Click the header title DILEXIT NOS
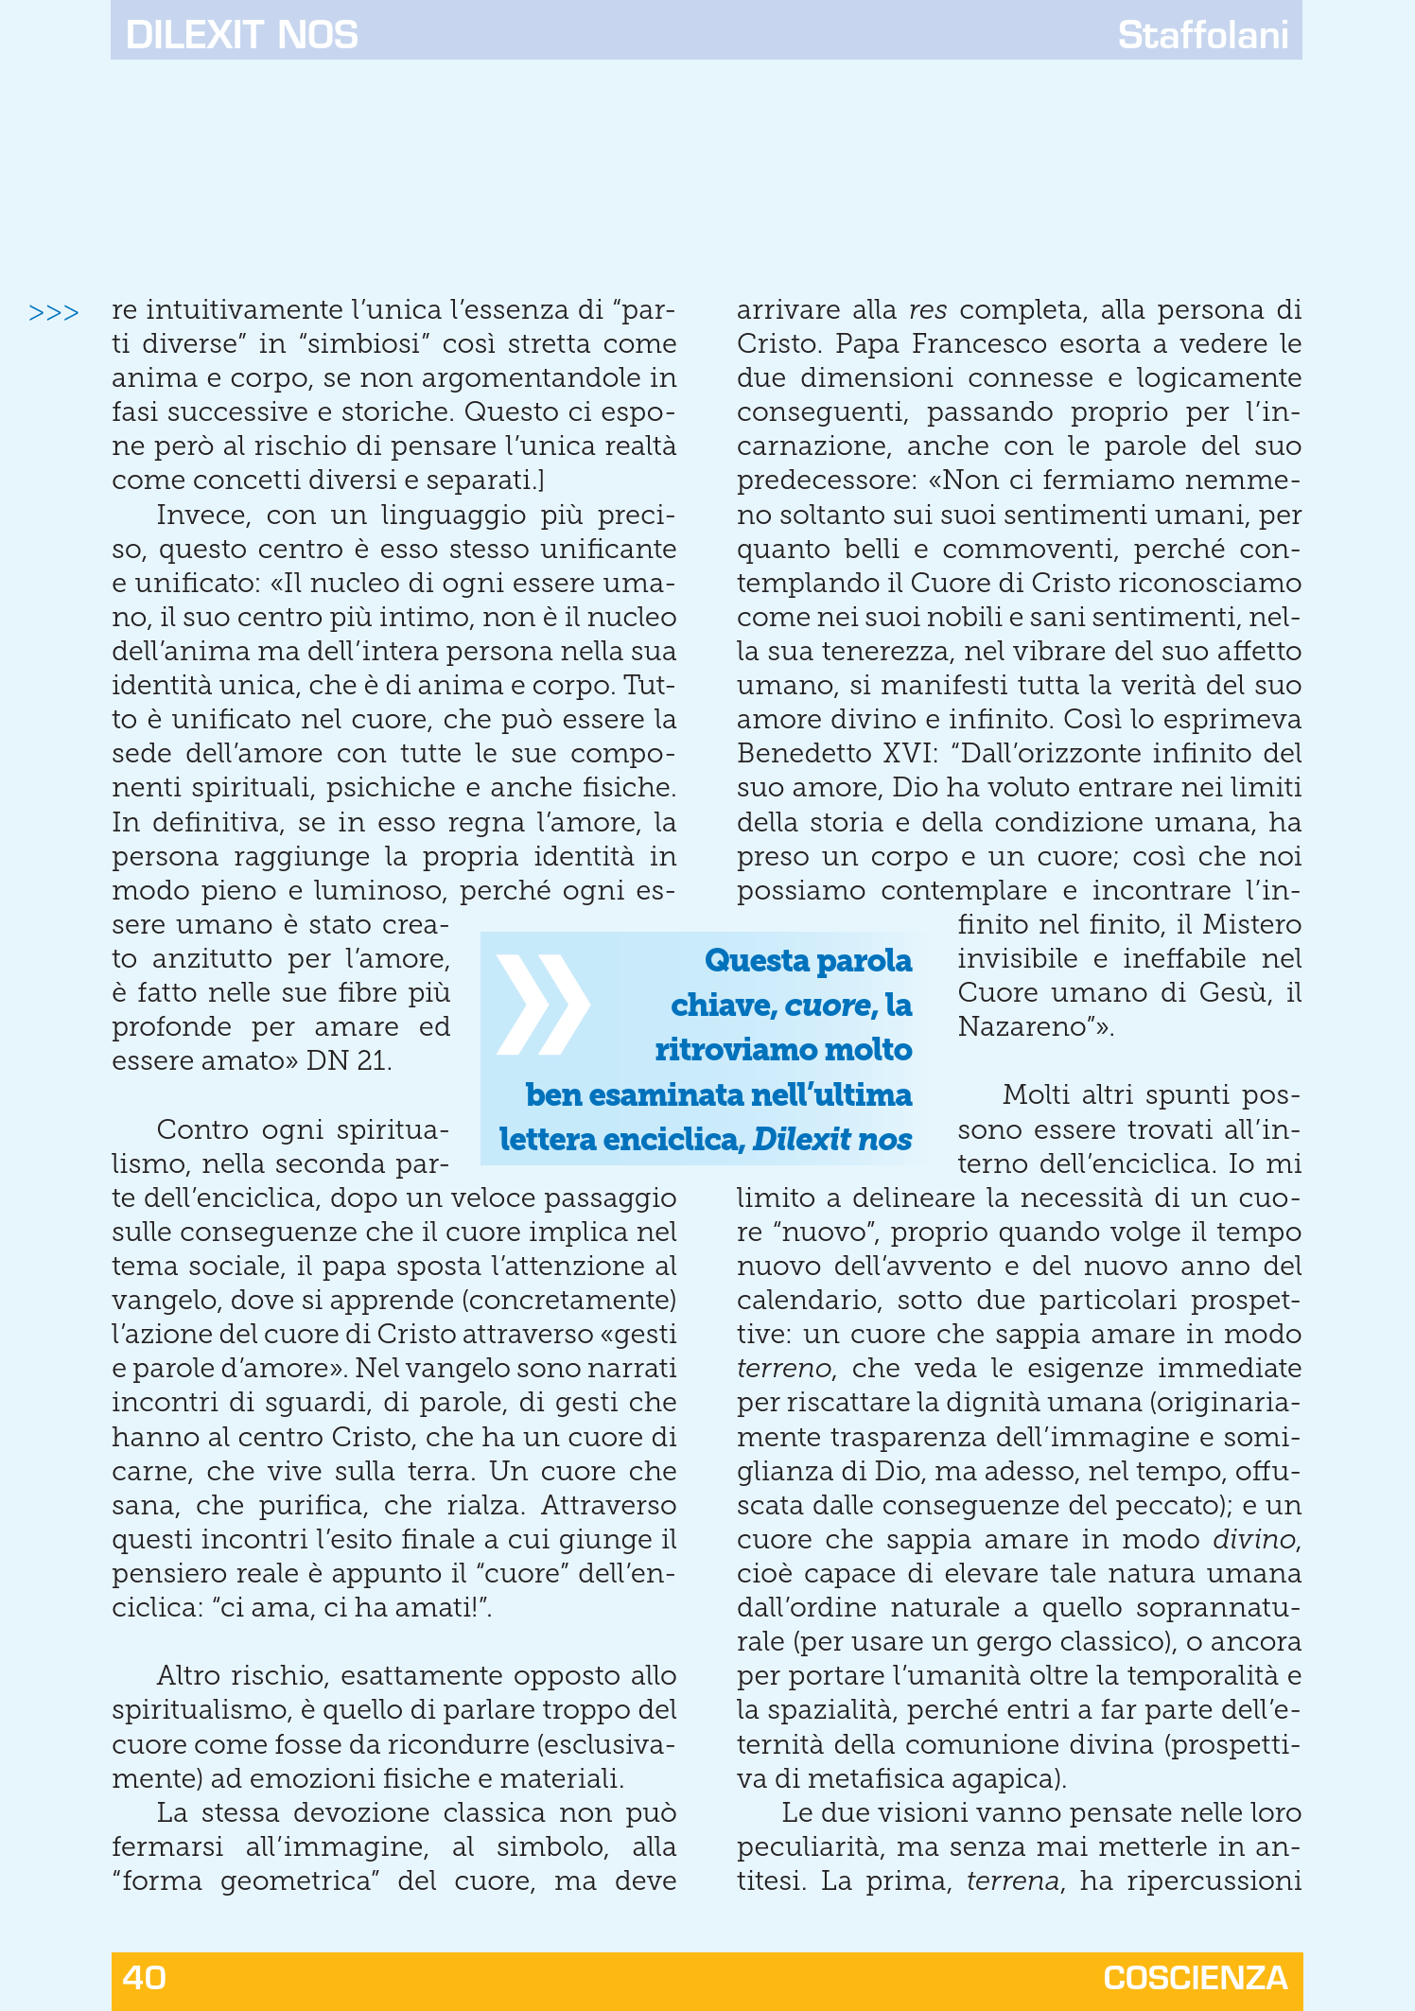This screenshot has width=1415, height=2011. tap(241, 35)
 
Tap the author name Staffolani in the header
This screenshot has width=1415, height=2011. tap(1202, 35)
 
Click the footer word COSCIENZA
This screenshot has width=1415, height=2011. tap(1195, 1977)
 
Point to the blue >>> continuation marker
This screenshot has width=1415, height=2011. tap(54, 312)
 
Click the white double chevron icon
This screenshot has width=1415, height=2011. tap(543, 1004)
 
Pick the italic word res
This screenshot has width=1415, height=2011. tap(928, 310)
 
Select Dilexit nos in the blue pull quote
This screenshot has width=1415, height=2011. tap(832, 1139)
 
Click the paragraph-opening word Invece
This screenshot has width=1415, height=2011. tap(203, 516)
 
